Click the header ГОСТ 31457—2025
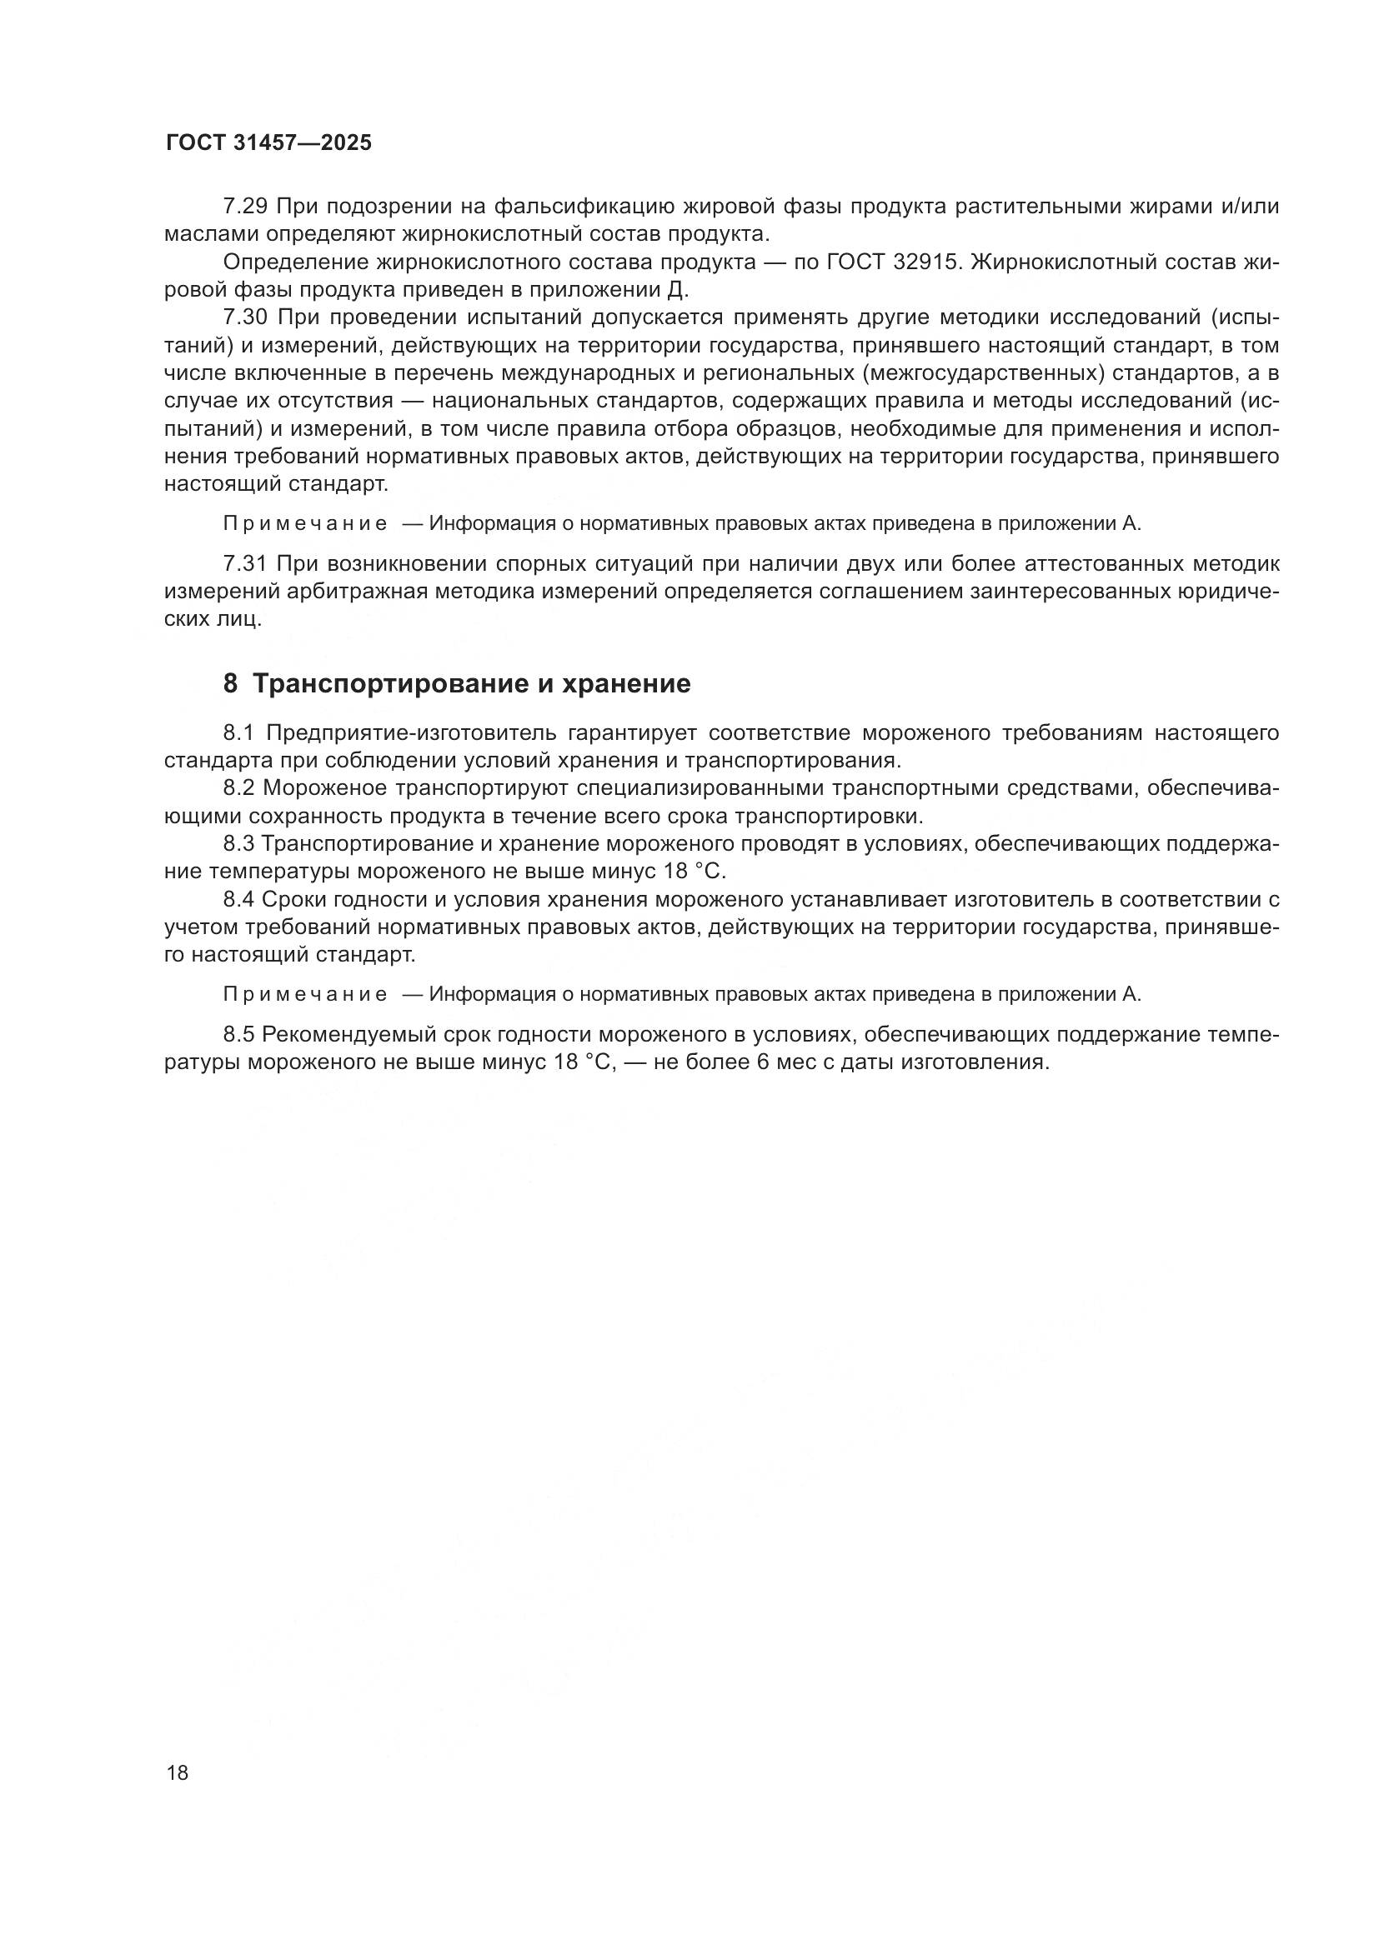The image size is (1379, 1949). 268,143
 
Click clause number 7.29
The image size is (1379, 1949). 245,207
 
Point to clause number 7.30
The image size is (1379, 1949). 245,317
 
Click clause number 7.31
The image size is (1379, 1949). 245,563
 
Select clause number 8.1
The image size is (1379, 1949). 239,732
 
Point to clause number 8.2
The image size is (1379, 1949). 239,788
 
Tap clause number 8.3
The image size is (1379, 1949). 239,844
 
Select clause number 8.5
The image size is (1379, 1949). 239,1034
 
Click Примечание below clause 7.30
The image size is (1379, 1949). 305,524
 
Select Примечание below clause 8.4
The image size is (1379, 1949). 305,994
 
